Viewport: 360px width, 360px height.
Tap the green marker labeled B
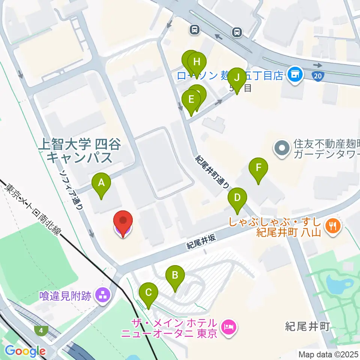click(x=175, y=276)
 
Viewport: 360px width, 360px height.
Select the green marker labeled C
click(x=148, y=292)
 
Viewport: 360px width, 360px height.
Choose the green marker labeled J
click(x=237, y=78)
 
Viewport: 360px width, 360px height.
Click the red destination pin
click(x=123, y=222)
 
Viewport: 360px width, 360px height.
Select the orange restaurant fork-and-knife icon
click(x=332, y=226)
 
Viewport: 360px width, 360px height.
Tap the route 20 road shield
click(x=318, y=76)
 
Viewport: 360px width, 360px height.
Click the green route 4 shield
click(x=40, y=330)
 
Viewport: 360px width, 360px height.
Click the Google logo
click(x=25, y=351)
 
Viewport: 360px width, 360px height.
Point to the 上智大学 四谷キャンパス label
click(x=79, y=150)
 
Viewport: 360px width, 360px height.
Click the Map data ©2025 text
click(x=328, y=354)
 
